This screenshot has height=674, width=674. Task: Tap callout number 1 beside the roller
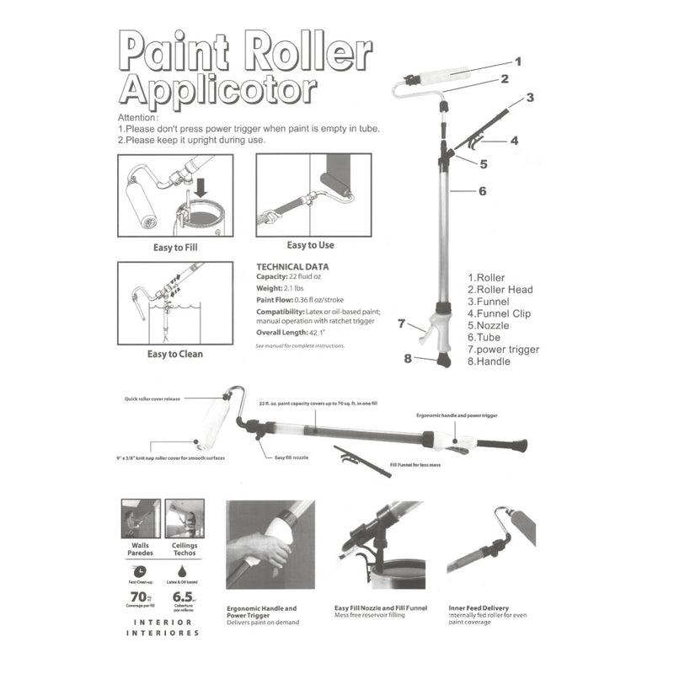click(518, 61)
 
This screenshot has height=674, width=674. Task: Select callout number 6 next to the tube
click(483, 191)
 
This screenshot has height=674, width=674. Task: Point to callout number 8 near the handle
click(408, 358)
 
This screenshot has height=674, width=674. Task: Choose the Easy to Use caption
click(310, 245)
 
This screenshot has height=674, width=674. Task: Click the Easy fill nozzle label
click(292, 457)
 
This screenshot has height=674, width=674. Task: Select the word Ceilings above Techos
click(184, 544)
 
